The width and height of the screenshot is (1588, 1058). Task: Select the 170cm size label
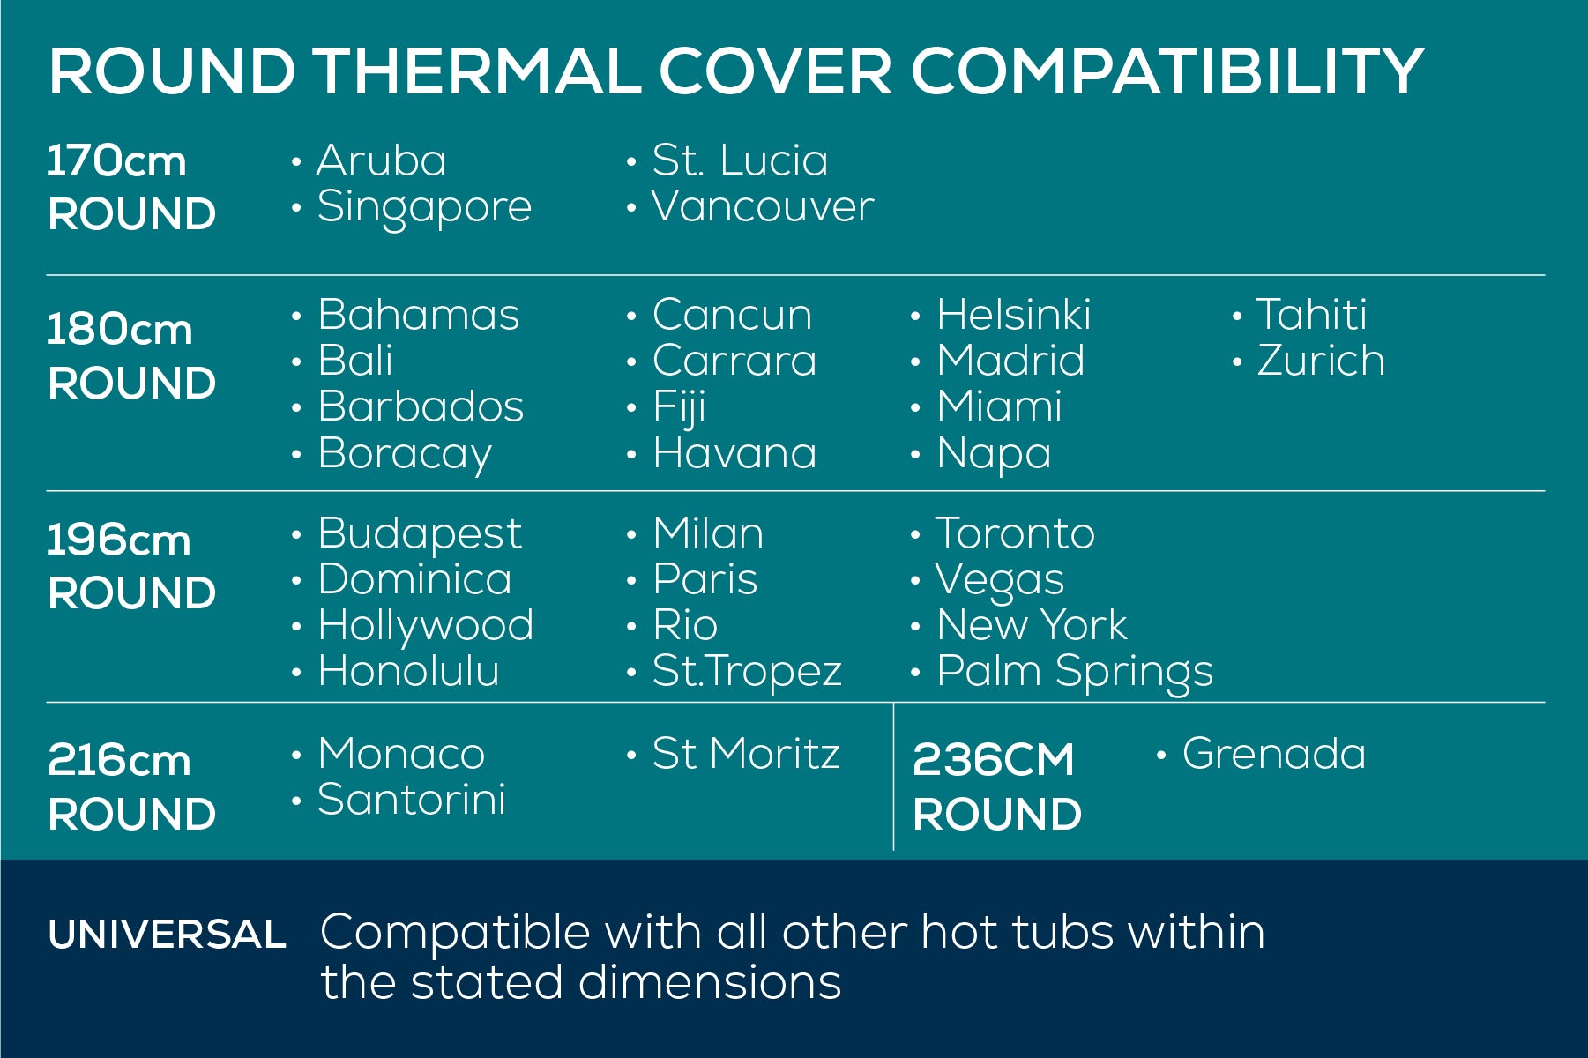[116, 161]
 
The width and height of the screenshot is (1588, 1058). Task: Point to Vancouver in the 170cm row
[763, 206]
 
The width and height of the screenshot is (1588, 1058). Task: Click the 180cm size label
[119, 330]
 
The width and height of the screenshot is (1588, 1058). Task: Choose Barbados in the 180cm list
[421, 406]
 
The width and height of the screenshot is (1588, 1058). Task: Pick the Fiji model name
[679, 408]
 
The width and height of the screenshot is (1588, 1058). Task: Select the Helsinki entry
[1013, 315]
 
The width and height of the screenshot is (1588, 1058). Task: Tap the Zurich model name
[1320, 361]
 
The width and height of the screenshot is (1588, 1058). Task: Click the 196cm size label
[119, 540]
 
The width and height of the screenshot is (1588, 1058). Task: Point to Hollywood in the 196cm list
[426, 627]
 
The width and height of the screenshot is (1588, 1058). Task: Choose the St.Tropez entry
[747, 673]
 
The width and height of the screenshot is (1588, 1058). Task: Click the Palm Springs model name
[1075, 673]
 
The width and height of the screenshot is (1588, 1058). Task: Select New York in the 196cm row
[1032, 625]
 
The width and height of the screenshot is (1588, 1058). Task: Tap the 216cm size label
[119, 760]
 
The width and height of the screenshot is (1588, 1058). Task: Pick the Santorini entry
[412, 800]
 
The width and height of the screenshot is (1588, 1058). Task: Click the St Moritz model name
[746, 754]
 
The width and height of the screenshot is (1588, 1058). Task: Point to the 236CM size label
[994, 760]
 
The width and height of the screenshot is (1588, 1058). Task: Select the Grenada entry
[1274, 754]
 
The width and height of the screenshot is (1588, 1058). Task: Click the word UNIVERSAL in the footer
[168, 935]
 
